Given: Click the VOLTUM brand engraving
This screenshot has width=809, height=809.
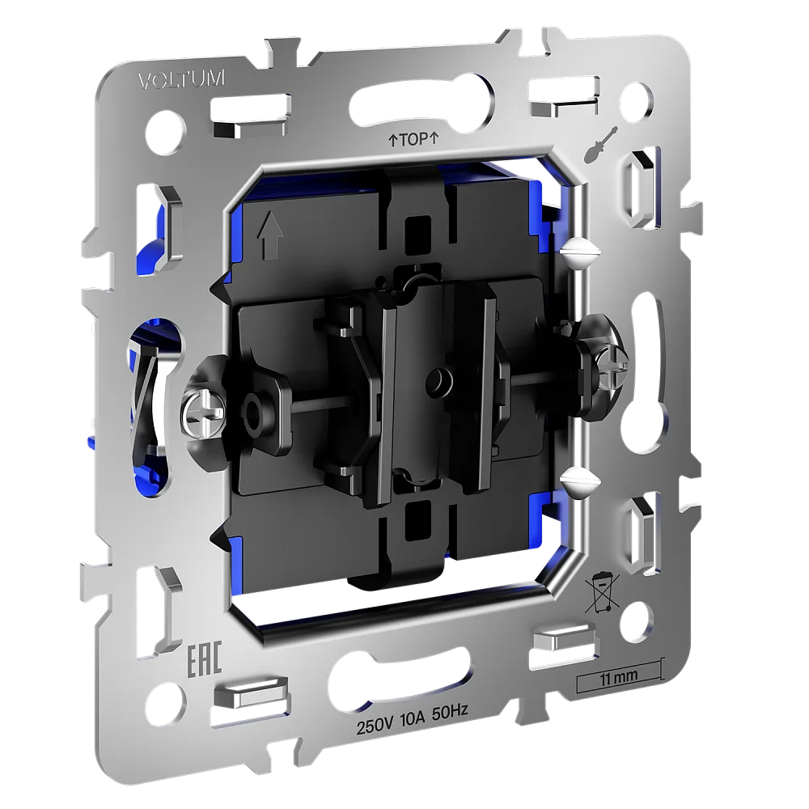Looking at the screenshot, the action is (x=181, y=80).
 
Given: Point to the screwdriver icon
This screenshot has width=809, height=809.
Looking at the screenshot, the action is (x=602, y=144).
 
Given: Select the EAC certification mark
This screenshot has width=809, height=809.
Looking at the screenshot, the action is (x=204, y=659).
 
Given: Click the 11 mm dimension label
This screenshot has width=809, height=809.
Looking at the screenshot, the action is (x=619, y=676).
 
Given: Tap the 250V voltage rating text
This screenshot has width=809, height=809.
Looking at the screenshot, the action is (x=375, y=726).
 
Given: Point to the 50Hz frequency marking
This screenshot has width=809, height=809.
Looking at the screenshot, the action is (x=449, y=713).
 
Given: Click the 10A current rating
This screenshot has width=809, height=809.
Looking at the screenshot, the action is (x=412, y=720).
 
